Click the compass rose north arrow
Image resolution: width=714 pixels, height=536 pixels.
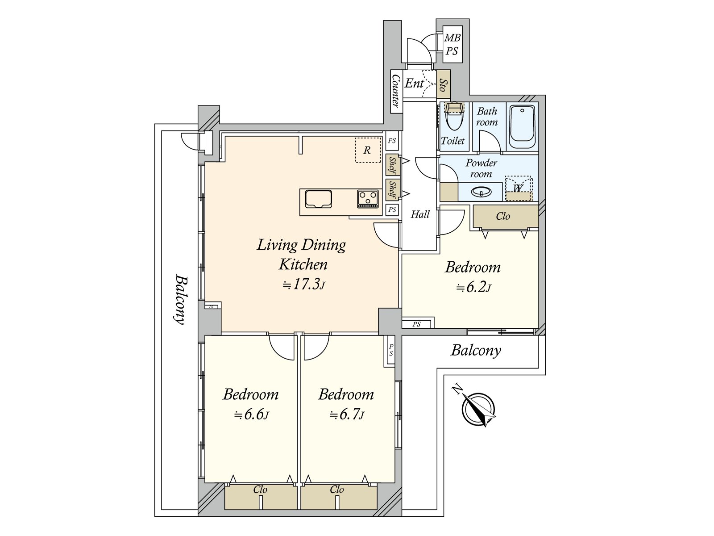coord(478,409)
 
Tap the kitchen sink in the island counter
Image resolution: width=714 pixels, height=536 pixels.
coord(318,199)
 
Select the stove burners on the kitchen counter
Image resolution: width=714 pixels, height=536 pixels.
coord(368,199)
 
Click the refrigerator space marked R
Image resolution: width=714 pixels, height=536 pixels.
coord(367,150)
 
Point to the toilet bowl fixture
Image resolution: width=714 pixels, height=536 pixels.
coord(453,117)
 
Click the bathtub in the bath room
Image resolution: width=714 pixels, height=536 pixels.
coord(522,127)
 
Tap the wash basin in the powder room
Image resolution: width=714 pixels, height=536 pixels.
coord(481,193)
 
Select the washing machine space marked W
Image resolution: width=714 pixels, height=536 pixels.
coord(518,188)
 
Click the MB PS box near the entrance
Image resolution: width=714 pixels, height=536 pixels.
coord(452,45)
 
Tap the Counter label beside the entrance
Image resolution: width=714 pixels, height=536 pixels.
coord(395,91)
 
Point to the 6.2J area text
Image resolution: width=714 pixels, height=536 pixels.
coord(473,287)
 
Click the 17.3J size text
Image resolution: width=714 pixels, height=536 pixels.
coord(303,284)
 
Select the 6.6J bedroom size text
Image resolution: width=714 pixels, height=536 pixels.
coord(252,415)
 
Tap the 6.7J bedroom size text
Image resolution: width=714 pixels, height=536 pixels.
coord(347,415)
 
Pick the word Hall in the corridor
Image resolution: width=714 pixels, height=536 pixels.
coord(420,214)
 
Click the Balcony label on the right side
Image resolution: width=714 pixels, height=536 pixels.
coord(476,350)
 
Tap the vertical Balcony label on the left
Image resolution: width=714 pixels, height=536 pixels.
coord(180,299)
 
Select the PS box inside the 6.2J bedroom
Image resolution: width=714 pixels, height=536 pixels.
coord(416,324)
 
